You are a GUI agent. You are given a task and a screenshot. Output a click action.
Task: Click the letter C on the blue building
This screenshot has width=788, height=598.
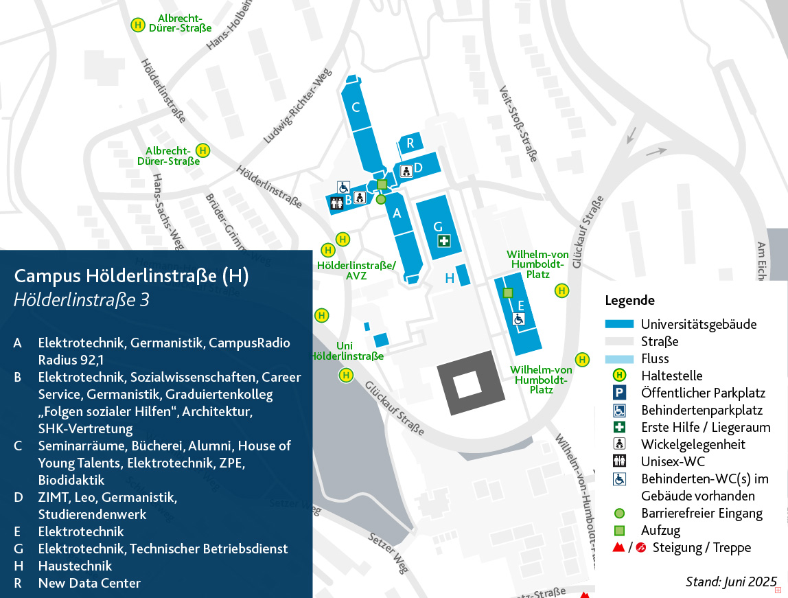356,107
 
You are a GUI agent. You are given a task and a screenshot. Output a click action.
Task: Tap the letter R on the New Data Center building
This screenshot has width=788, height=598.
410,143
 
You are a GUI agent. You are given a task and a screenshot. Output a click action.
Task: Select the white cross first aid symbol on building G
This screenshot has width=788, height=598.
444,240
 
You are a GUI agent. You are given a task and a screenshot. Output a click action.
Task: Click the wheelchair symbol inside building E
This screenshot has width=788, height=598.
519,319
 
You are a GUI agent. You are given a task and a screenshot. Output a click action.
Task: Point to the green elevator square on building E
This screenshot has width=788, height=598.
508,293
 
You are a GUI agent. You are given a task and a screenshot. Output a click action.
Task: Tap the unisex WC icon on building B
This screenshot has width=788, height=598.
336,203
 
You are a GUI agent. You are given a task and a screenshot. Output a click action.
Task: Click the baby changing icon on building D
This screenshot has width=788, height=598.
406,170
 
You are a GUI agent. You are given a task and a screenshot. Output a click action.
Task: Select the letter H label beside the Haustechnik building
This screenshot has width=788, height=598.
450,278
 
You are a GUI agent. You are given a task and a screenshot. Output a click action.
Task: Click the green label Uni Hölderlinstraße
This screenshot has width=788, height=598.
347,351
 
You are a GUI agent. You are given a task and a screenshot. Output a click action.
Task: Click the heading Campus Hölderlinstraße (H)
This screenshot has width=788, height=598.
131,276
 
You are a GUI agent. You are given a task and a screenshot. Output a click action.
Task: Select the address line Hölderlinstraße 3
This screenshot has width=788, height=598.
82,300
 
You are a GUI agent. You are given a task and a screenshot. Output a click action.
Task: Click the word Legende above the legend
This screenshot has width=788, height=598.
629,300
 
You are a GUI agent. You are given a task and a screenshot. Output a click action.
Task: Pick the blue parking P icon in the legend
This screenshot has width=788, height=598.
619,393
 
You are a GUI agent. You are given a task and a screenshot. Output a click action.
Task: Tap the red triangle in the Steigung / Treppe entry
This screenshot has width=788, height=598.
618,548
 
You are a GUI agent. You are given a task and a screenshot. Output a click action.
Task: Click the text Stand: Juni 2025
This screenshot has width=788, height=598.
730,582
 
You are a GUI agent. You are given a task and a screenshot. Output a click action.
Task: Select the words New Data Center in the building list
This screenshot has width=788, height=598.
89,583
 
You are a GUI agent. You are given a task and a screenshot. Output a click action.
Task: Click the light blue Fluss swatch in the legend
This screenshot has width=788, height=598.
619,359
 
